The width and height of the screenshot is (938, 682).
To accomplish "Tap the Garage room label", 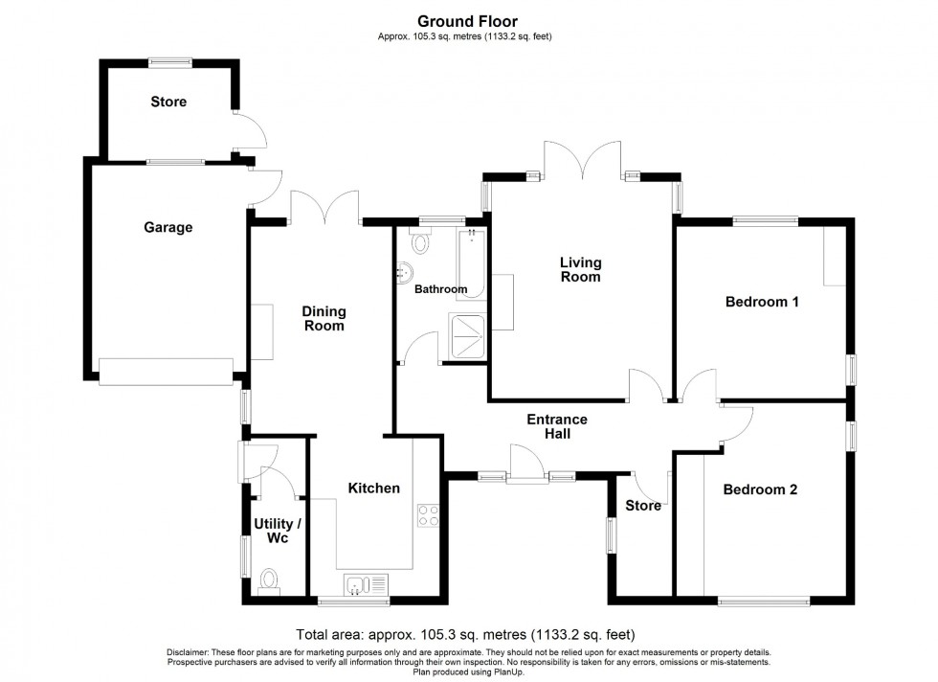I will point(168,228).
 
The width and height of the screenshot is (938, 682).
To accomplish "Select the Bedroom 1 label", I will point(762,303).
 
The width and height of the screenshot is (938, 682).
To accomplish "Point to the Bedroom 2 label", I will point(760,489).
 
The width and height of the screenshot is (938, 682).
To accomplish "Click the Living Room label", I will point(581,269).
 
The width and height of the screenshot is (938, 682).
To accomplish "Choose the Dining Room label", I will point(324,318).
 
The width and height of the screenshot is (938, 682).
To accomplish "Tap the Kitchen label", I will point(373,489).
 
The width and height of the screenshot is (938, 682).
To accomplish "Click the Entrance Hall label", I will point(557,426).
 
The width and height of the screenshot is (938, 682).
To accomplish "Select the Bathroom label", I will point(440,289).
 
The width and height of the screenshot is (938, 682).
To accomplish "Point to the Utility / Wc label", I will point(278,532).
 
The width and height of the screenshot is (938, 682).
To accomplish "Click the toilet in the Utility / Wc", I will point(269,581).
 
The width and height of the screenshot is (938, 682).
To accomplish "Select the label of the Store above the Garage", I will point(168,102).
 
